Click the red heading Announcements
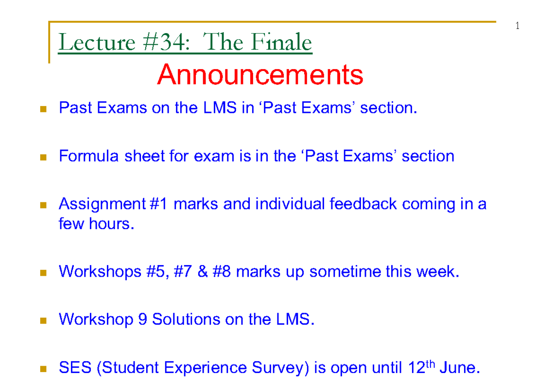260,75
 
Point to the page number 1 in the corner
517,26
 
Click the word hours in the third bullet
112,224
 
